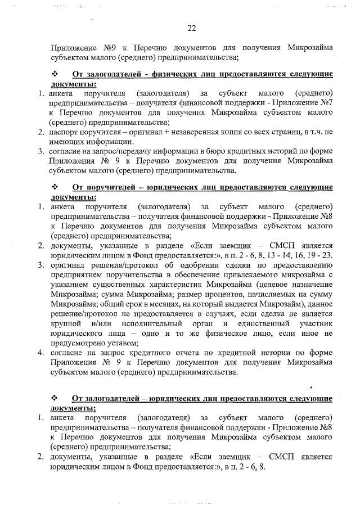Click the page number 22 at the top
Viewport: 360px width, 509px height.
click(191, 28)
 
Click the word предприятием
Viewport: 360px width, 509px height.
click(76, 274)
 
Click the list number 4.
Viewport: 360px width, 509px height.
click(41, 353)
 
